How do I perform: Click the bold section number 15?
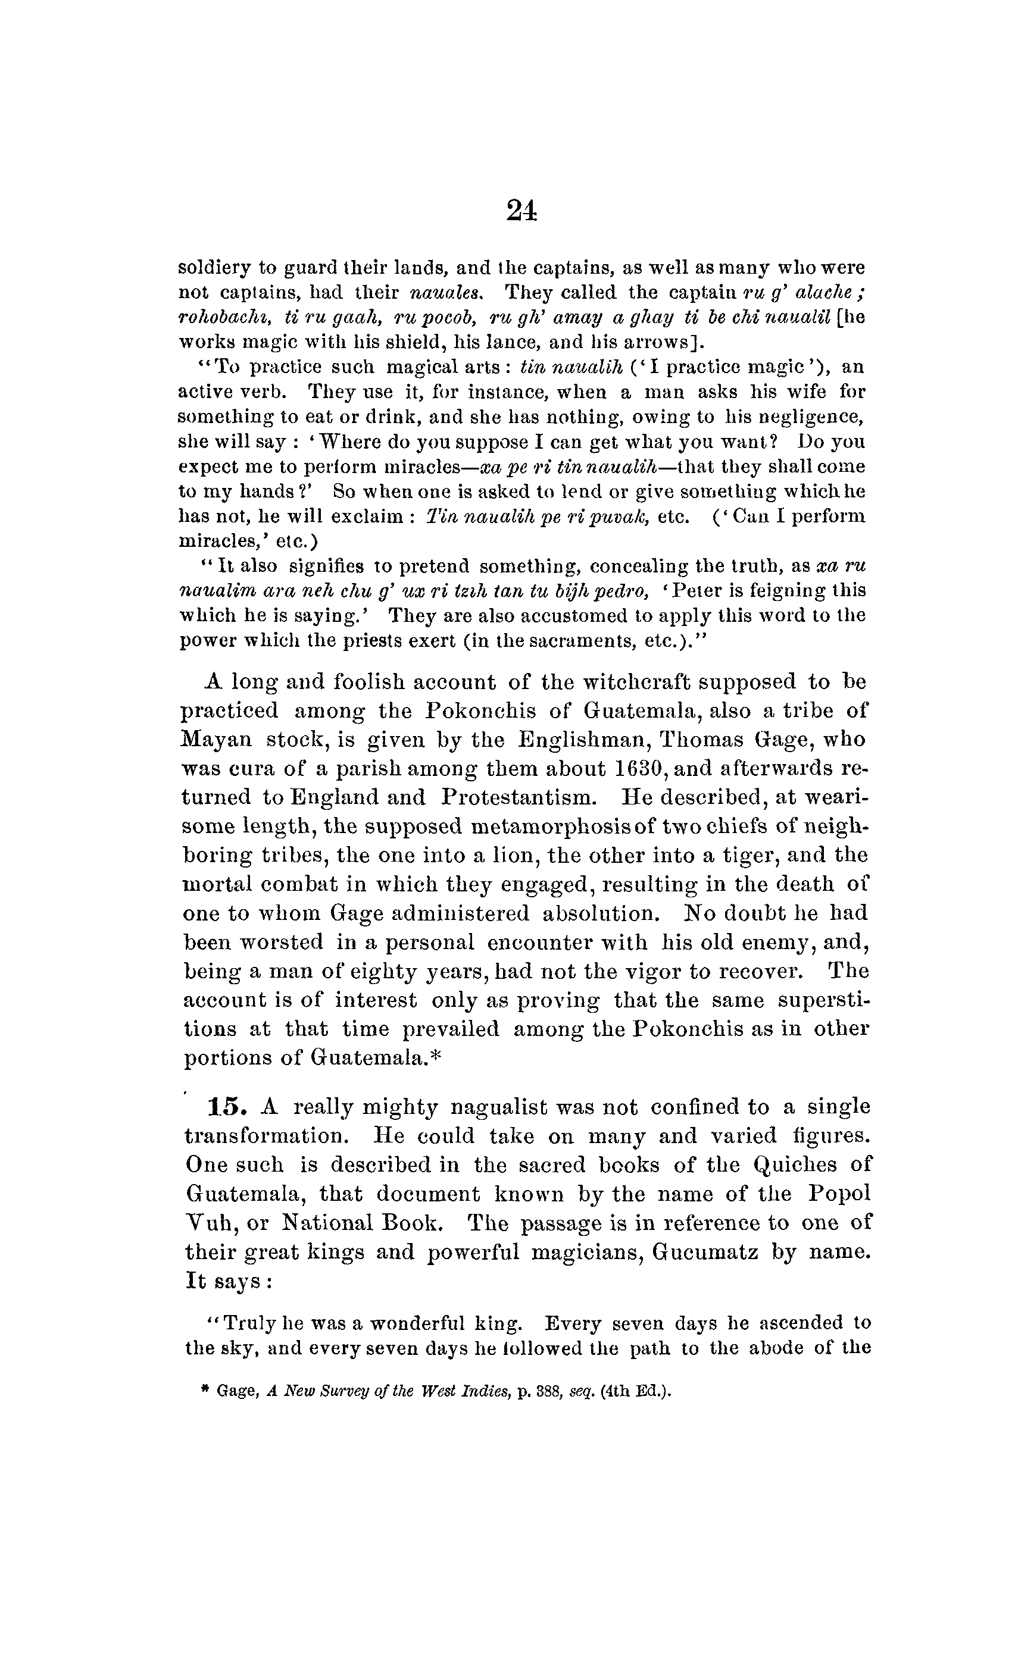click(224, 1107)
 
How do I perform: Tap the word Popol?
click(839, 1194)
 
